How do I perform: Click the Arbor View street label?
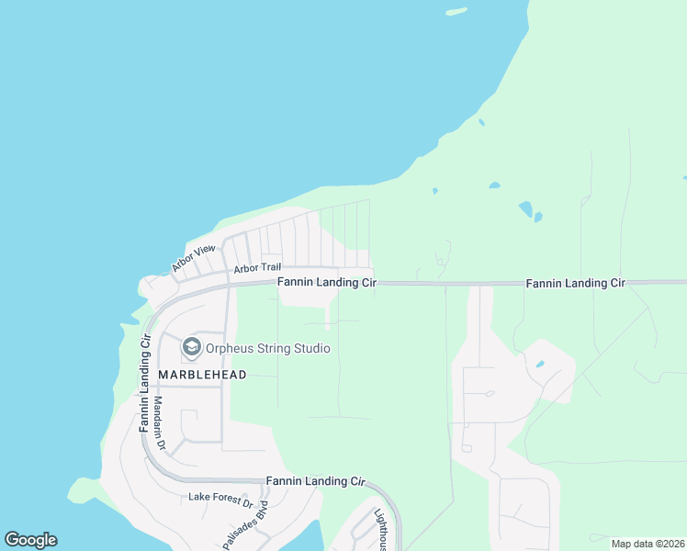[193, 258]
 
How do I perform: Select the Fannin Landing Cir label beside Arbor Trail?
[327, 283]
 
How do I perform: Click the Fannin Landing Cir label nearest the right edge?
[575, 284]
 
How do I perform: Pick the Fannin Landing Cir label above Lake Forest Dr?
[315, 481]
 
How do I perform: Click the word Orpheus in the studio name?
[230, 348]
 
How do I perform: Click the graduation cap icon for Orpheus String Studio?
[191, 346]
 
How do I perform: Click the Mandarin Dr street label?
[159, 423]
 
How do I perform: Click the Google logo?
[30, 540]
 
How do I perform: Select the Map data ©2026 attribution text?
[648, 544]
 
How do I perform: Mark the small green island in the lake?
[456, 12]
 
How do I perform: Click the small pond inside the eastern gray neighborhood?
[540, 365]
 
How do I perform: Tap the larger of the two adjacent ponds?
[525, 209]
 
